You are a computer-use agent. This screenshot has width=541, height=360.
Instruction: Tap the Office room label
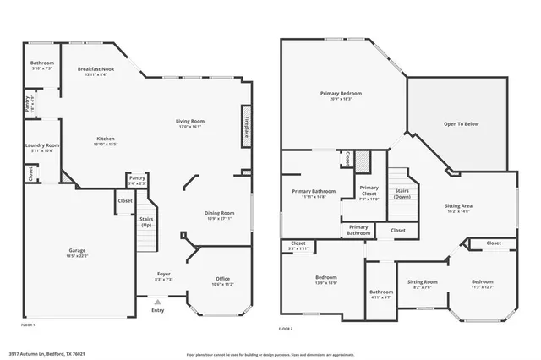pos(222,281)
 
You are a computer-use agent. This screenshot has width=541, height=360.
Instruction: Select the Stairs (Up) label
pos(146,221)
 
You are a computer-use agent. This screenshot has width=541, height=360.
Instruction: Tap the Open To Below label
pos(461,123)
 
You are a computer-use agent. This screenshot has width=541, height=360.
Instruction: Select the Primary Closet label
pos(369,190)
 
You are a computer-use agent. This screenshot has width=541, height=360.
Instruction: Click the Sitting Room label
pos(422,283)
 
